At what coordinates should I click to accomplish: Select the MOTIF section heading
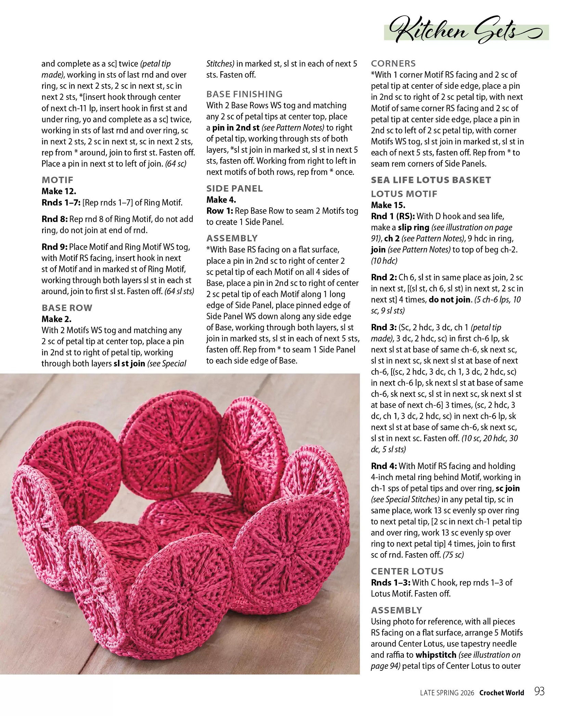pos(57,180)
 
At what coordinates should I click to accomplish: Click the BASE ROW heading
pos(67,308)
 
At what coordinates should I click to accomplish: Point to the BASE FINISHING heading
pos(244,94)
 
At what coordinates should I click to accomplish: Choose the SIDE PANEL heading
pos(234,189)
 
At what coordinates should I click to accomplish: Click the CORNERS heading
pos(393,63)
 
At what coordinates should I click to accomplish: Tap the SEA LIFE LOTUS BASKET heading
pos(431,180)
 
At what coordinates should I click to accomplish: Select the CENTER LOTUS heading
pos(407,571)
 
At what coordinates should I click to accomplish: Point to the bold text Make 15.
pos(388,205)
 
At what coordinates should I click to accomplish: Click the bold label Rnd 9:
pos(54,247)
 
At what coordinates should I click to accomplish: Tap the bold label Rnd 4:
pos(384,466)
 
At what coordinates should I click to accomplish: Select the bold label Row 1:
pos(219,211)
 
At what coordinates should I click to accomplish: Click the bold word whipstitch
pos(436,655)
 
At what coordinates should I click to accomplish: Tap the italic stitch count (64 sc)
pos(176,164)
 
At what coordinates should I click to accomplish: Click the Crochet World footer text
pos(501,693)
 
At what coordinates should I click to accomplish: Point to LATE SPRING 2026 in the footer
pos(447,693)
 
